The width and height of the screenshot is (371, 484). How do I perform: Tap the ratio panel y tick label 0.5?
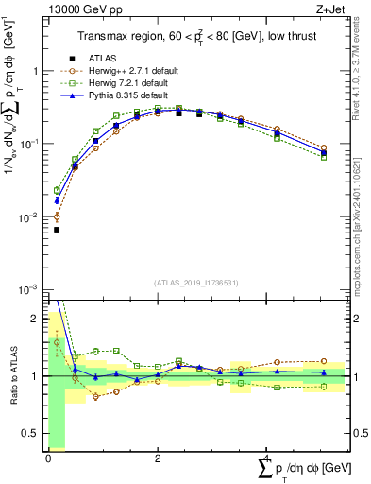point(34,435)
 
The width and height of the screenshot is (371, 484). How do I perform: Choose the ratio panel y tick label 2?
point(38,318)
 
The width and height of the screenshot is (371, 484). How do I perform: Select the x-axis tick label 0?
point(48,458)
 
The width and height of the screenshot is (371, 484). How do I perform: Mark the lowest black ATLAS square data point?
point(57,230)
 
